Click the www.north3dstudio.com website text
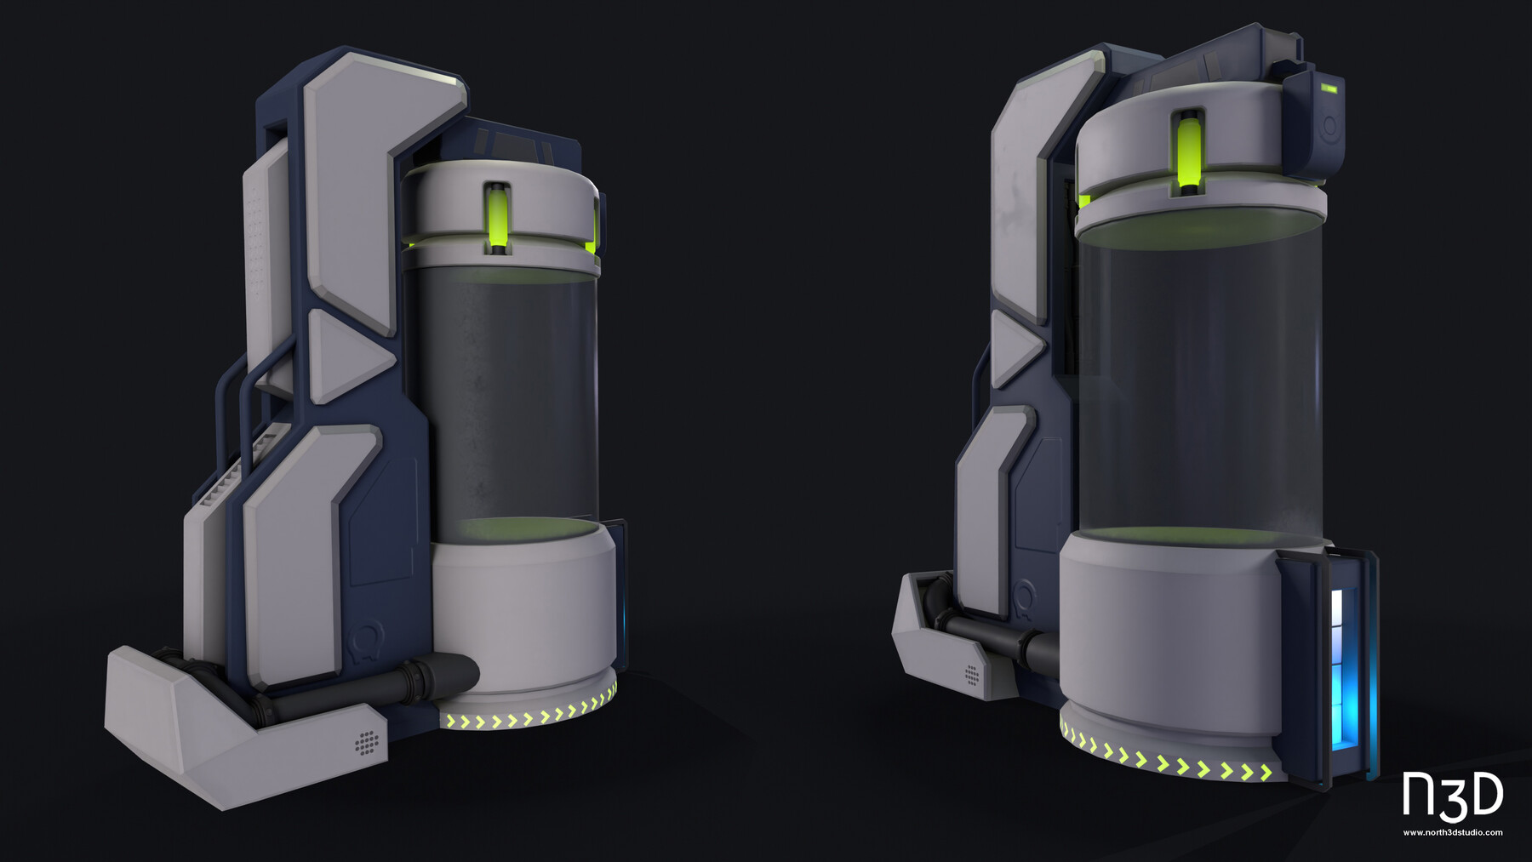[x=1452, y=832]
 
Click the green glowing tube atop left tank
[x=497, y=219]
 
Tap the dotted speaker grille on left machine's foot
[x=367, y=742]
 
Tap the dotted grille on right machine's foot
[x=972, y=675]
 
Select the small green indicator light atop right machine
[x=1330, y=88]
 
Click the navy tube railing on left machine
[x=234, y=400]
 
